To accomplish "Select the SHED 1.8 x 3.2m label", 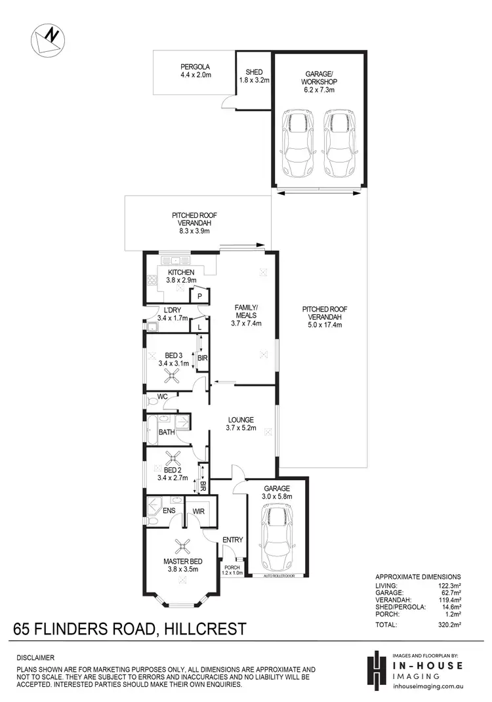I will (x=254, y=77).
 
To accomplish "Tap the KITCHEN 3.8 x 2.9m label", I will (x=180, y=276).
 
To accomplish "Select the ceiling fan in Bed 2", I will (x=174, y=458).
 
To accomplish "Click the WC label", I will (x=163, y=396).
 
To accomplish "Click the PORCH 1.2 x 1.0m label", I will (x=233, y=570).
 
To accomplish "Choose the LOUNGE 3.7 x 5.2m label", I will (x=241, y=424).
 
